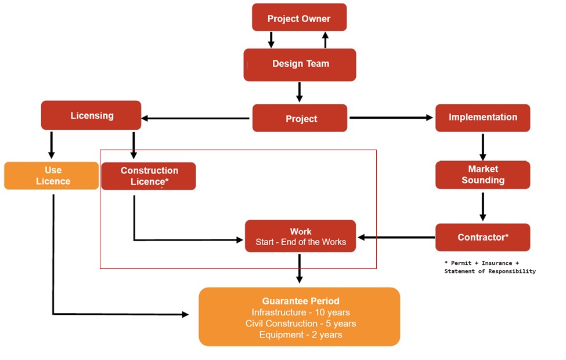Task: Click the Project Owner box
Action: [299, 18]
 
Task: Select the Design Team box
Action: [300, 64]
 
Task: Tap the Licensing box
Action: [91, 115]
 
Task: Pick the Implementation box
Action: [482, 117]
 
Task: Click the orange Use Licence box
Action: [52, 176]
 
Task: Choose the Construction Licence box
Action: [149, 176]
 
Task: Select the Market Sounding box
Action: [482, 174]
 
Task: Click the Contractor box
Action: [482, 237]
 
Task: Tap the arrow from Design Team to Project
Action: [300, 92]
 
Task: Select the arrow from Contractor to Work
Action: [396, 237]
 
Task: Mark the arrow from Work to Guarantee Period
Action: [300, 268]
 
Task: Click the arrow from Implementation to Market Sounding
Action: [482, 147]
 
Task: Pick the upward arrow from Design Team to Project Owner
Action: [325, 39]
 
